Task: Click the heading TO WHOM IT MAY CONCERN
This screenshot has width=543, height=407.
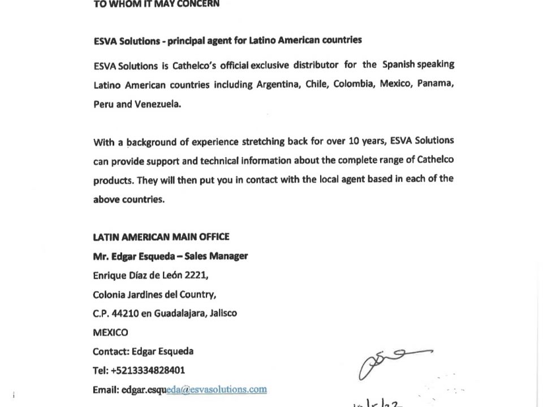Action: (x=156, y=3)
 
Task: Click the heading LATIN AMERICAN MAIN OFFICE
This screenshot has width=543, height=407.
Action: (x=161, y=237)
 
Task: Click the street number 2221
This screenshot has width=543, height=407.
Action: (x=196, y=275)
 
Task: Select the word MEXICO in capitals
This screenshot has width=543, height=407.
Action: (x=110, y=332)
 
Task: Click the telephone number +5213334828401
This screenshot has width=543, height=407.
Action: (x=148, y=370)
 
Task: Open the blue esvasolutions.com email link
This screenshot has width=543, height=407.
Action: (x=217, y=389)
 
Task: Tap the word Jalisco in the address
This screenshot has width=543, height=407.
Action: (x=223, y=313)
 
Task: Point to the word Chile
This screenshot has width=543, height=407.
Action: (x=316, y=84)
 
